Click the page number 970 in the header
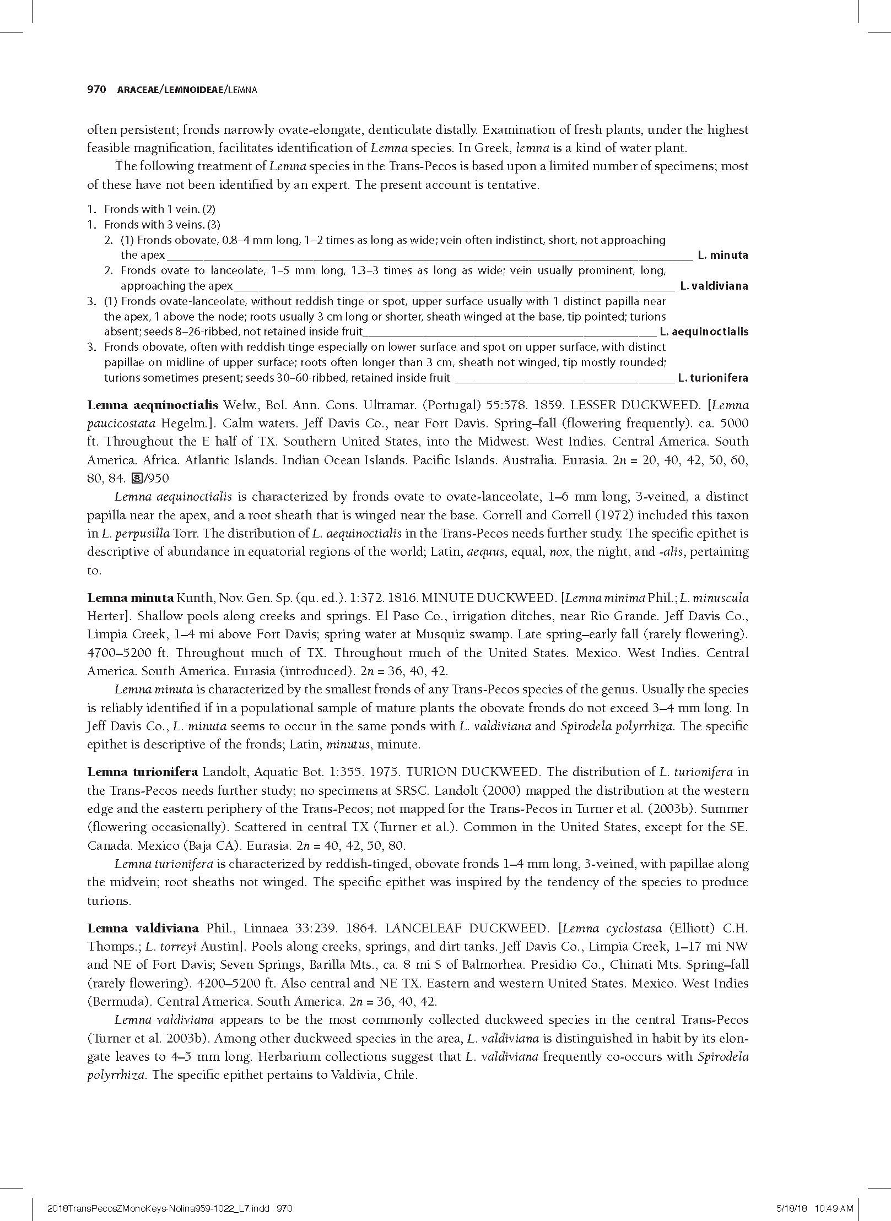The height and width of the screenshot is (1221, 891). [x=96, y=90]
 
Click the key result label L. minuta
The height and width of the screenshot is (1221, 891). [x=722, y=255]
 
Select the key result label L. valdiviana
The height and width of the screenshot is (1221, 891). [x=714, y=286]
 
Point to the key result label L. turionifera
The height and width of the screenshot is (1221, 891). [x=713, y=378]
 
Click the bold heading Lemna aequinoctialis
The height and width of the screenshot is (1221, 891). [x=153, y=405]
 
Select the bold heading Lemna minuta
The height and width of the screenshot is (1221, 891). [x=131, y=598]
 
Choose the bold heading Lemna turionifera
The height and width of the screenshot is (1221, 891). [x=142, y=772]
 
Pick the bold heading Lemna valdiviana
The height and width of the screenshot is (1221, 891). [x=143, y=928]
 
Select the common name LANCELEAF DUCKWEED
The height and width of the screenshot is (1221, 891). [x=467, y=928]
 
